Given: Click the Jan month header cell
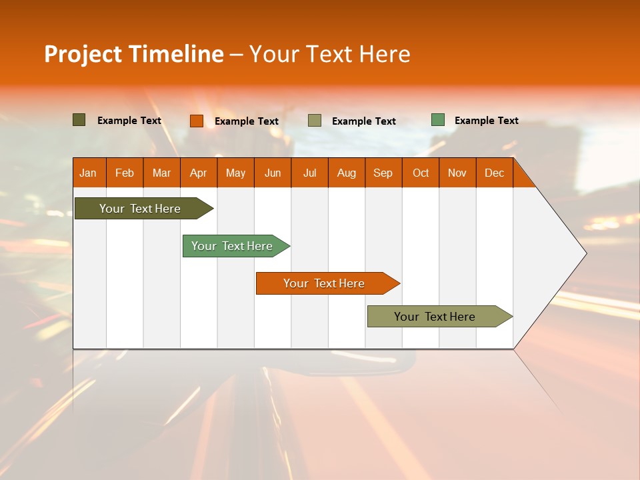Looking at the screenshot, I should (x=89, y=173).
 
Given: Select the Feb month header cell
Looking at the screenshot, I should (x=125, y=173).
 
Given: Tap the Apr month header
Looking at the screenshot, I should (x=199, y=173).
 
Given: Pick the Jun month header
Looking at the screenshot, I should (x=273, y=173).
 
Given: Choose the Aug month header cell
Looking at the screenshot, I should (x=347, y=173).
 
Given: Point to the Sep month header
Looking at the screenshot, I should (x=383, y=173).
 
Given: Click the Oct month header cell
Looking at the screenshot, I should (x=421, y=173).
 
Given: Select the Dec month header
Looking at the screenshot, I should (x=495, y=173).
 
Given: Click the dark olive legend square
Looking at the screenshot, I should (x=79, y=120).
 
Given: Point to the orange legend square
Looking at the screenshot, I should (x=197, y=121).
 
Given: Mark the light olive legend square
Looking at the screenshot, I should (x=315, y=121).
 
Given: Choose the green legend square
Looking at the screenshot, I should (x=438, y=120).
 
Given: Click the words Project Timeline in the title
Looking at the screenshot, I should (x=134, y=54).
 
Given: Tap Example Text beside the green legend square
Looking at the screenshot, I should (x=486, y=121).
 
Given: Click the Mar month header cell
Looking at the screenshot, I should (x=161, y=173).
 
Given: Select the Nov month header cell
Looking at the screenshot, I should (x=457, y=173).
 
